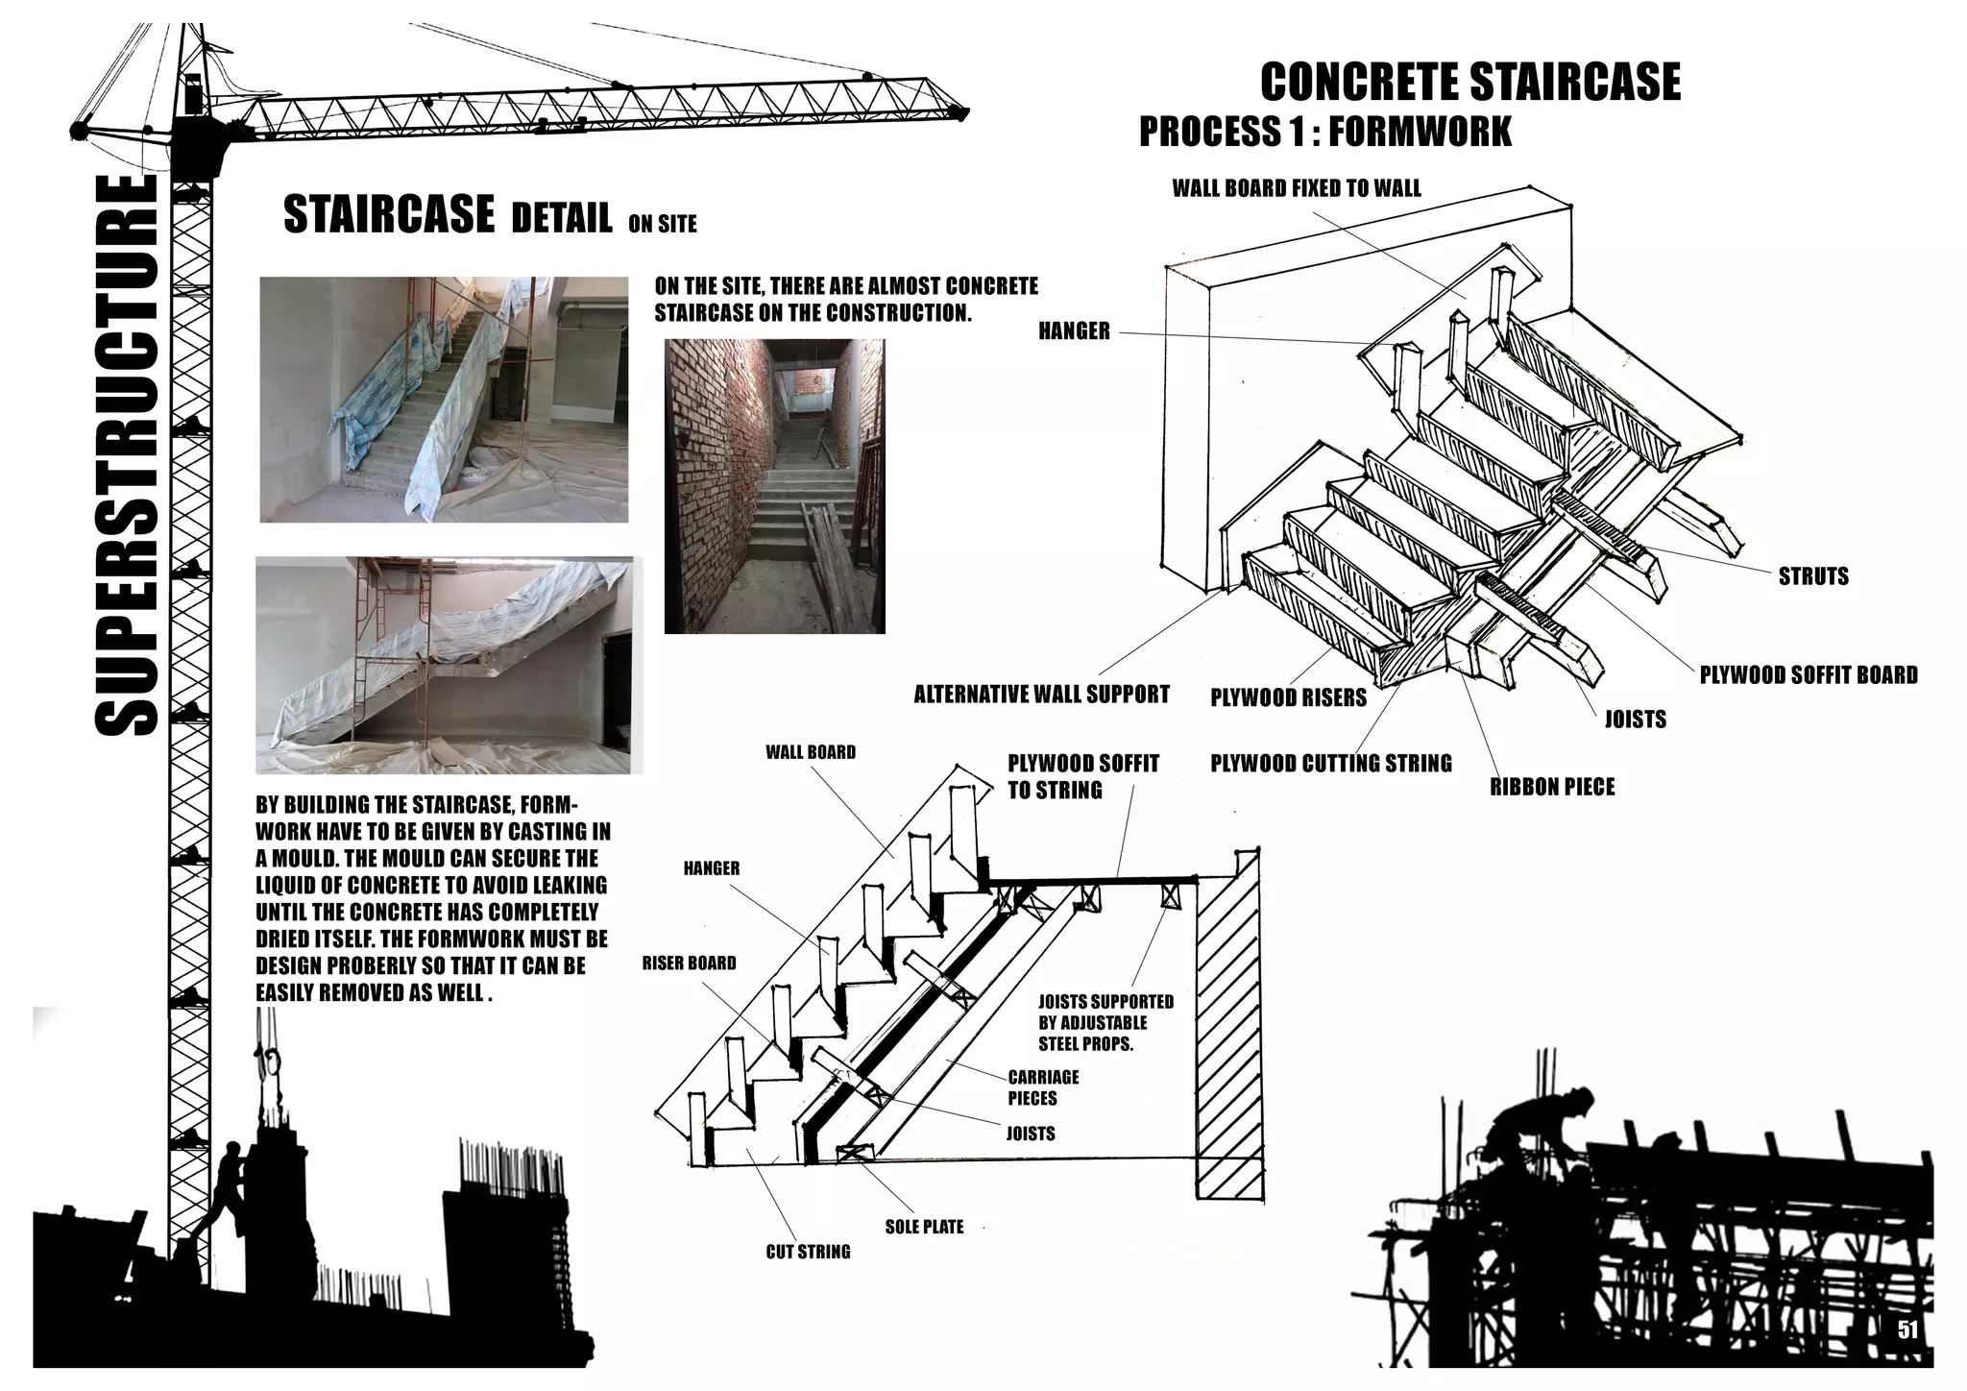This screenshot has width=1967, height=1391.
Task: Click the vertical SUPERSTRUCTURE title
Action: (x=127, y=455)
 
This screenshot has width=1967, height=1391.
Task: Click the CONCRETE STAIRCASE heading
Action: (x=1469, y=81)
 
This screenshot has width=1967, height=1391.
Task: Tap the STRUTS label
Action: (x=1812, y=576)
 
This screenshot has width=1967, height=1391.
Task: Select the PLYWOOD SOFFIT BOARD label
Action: (x=1808, y=675)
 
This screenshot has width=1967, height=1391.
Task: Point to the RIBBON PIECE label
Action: (x=1552, y=788)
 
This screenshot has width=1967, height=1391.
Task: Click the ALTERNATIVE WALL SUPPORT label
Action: (x=1041, y=694)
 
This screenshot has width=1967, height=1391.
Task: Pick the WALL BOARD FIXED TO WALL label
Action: (x=1296, y=188)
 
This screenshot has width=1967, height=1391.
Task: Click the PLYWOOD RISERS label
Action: (x=1288, y=698)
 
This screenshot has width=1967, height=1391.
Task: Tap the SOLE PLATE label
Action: (x=924, y=1227)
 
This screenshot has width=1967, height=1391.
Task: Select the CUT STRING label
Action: (x=808, y=1252)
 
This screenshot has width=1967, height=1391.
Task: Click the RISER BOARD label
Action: (x=689, y=963)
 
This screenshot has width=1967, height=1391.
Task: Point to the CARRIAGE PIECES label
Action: (x=1043, y=1087)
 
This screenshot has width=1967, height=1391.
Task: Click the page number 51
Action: (x=1906, y=1330)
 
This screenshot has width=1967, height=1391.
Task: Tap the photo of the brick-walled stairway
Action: (x=774, y=486)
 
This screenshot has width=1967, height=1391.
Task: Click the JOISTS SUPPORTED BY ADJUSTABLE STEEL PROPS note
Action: (x=1105, y=1022)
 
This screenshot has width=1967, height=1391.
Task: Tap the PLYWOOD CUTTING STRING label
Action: (x=1330, y=764)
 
